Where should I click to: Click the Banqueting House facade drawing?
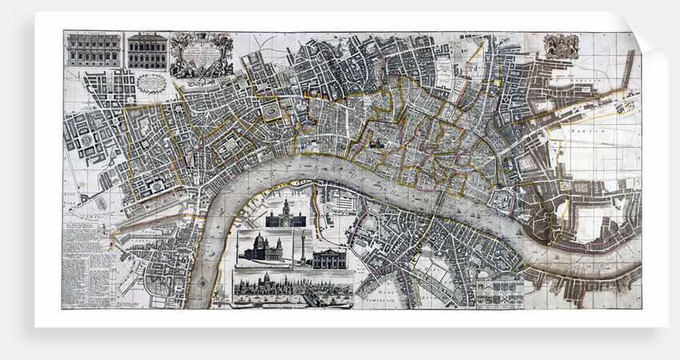pos(93,50)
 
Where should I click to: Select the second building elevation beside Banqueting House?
pos(147,50)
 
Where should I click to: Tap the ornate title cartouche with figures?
pos(201,54)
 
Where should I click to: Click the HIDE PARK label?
pos(74,199)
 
